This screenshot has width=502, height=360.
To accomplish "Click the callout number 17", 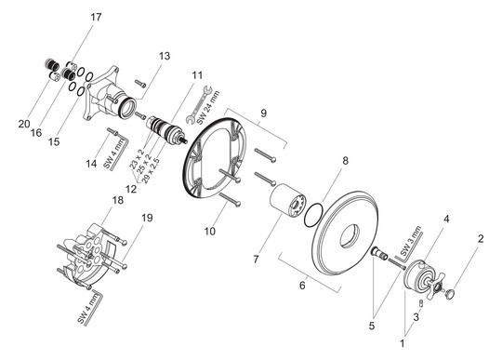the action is coord(96,17).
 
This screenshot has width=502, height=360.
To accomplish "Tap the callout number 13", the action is coord(165,56).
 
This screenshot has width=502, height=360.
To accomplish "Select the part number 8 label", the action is coord(345,160).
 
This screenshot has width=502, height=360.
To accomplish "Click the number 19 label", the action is coord(147,218).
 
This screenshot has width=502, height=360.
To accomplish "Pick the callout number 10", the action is coord(210,231).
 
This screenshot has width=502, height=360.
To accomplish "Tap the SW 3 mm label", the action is coord(411,241).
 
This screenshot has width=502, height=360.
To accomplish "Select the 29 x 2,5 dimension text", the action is coord(151,170).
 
